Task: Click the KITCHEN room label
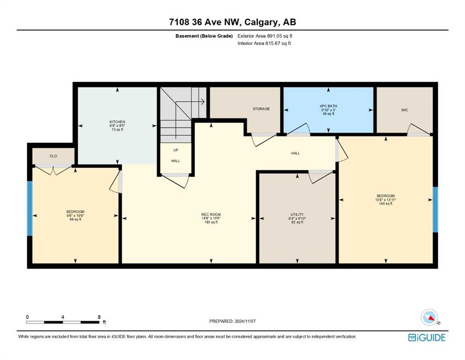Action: point(117,122)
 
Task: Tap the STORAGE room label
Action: point(261,109)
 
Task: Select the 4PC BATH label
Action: point(328,106)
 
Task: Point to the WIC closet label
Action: point(405,110)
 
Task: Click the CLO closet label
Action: point(53,156)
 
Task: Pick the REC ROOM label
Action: point(211,215)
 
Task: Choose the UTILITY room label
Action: point(297,215)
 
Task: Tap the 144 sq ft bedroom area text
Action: point(385,203)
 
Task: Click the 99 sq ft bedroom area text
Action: point(75,219)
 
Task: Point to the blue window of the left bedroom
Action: point(30,208)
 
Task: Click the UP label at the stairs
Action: point(176,150)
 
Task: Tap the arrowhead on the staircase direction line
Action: point(203,102)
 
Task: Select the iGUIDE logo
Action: point(427,338)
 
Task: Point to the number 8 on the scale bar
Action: point(99,317)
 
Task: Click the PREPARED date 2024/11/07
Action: point(245,321)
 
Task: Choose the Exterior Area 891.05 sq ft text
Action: point(265,36)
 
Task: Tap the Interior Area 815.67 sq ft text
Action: point(264,43)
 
